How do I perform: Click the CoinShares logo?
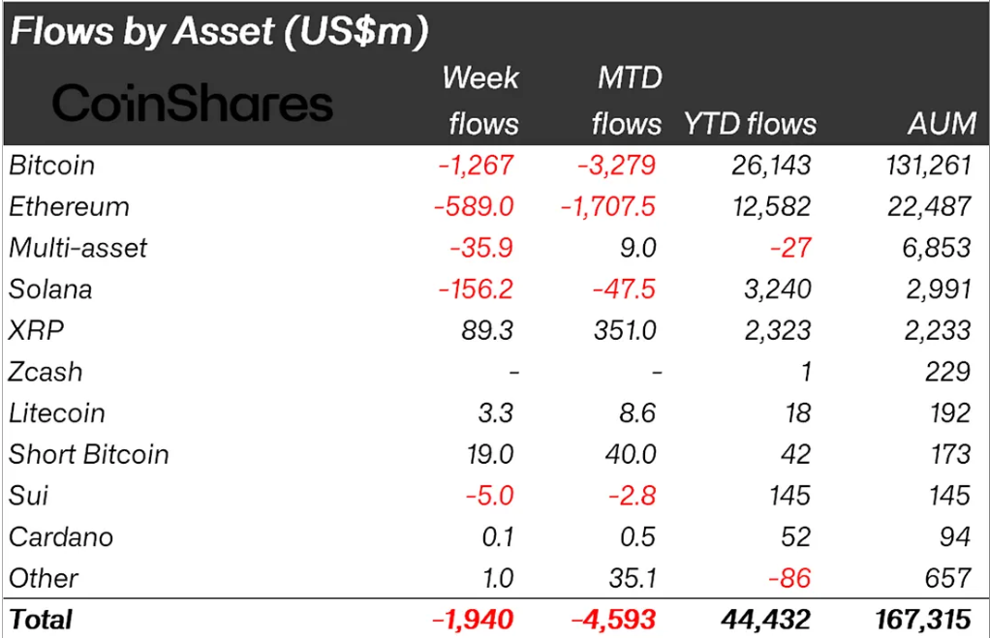(193, 102)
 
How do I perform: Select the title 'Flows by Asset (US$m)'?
(219, 32)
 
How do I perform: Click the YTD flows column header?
(750, 123)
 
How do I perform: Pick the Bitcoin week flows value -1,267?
(475, 166)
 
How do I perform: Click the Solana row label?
(50, 289)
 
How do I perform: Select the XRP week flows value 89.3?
(489, 331)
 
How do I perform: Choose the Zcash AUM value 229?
(946, 373)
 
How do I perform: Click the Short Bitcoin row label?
(89, 455)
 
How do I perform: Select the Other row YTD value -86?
(789, 579)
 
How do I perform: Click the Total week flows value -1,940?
(471, 619)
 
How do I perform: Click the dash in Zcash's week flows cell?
(512, 373)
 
